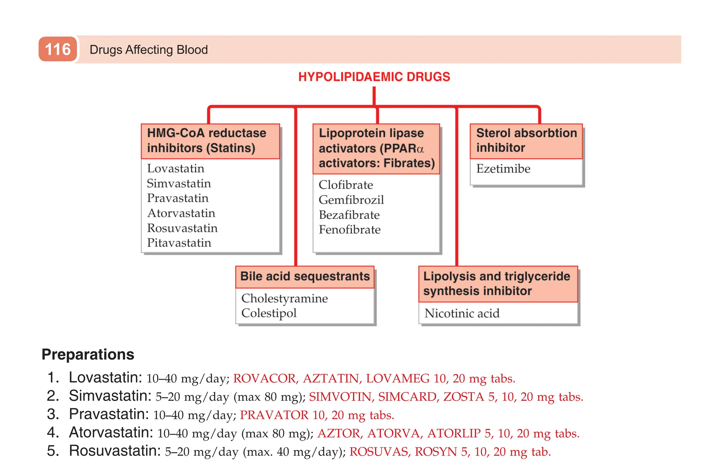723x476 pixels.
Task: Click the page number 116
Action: [x=58, y=49]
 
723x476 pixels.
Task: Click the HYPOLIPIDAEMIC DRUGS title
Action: [x=374, y=77]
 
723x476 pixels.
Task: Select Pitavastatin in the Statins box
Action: [x=179, y=243]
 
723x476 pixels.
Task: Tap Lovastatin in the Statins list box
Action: [x=175, y=168]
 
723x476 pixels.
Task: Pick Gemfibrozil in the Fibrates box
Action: [x=351, y=200]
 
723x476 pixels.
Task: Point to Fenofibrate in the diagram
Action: [x=349, y=230]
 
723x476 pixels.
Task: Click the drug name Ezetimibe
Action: [x=503, y=169]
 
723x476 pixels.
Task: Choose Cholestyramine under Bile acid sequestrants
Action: [x=285, y=298]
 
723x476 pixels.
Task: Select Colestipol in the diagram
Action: [x=269, y=313]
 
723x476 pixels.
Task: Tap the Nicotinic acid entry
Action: [x=462, y=314]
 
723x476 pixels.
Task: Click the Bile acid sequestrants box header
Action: [x=305, y=276]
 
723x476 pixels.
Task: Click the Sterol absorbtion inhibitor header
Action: [x=526, y=141]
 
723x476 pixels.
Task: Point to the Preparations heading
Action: [x=88, y=354]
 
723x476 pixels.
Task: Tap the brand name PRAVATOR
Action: [x=274, y=415]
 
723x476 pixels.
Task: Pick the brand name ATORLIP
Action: [x=454, y=433]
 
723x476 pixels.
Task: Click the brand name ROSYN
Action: [x=436, y=452]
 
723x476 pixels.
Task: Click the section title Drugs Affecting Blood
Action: [x=149, y=50]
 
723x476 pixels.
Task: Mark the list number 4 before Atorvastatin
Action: [x=53, y=433]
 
